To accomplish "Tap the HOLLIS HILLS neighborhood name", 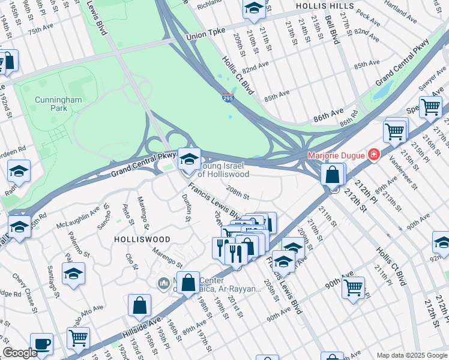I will coord(321,5).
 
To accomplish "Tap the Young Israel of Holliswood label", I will coord(223,170).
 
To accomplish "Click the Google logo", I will coord(20,353).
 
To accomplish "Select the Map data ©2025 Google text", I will coord(411,355).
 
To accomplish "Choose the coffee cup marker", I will coord(41,344).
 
